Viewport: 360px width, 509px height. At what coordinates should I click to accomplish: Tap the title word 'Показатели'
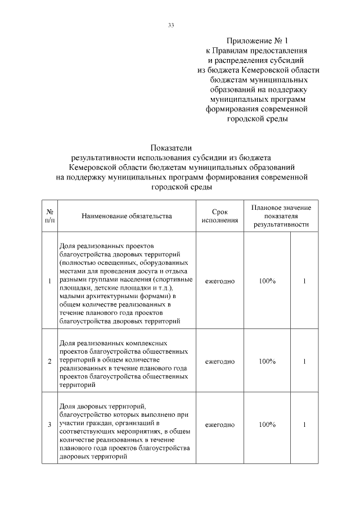tap(180, 148)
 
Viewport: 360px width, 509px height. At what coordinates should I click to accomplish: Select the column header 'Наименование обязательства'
tap(127, 215)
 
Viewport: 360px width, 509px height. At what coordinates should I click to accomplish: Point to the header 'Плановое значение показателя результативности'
tap(281, 215)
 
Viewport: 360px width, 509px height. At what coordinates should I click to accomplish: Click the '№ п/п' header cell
tap(49, 215)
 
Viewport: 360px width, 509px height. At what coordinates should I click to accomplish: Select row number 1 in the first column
tap(49, 281)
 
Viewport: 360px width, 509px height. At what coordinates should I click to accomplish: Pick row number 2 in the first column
tap(49, 361)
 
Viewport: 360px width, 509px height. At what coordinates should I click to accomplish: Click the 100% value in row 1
tap(267, 281)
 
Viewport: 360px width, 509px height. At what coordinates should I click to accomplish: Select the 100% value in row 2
tap(267, 361)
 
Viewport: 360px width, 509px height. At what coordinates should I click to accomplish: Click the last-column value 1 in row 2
tap(304, 361)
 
